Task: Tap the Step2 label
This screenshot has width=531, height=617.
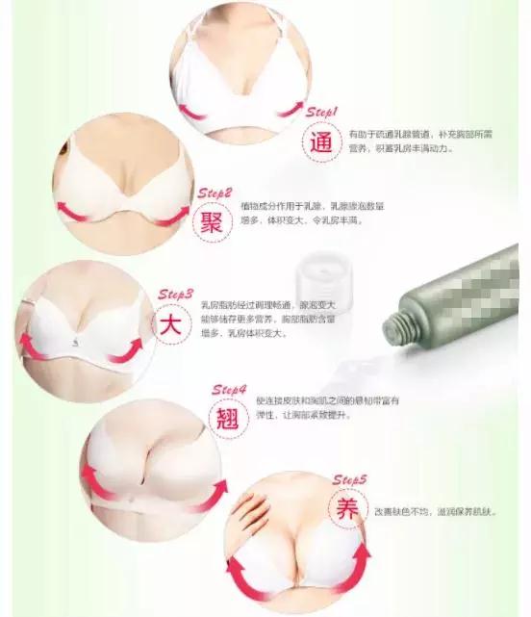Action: pos(215,193)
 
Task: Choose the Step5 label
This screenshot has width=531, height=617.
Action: pos(351,478)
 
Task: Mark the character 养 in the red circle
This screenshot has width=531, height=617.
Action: pos(344,508)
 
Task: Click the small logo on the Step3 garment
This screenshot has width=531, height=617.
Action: pos(74,343)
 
